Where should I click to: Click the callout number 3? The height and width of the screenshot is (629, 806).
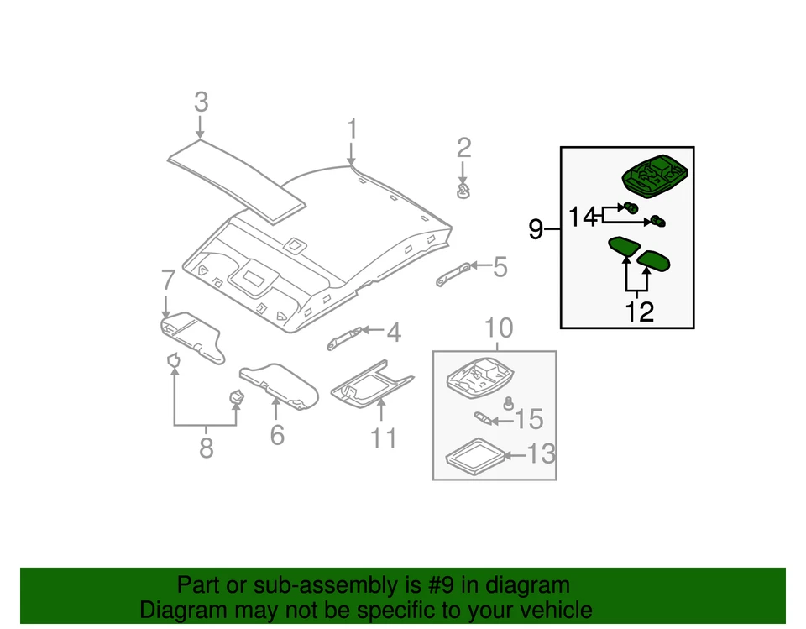click(201, 102)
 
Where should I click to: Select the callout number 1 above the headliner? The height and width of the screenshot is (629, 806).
click(353, 130)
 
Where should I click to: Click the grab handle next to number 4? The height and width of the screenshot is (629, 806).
click(344, 338)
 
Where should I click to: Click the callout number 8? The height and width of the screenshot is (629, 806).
click(206, 448)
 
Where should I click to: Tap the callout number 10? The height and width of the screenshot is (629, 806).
click(498, 328)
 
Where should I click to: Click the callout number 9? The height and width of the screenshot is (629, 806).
click(536, 228)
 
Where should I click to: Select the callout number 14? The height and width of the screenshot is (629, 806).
click(583, 217)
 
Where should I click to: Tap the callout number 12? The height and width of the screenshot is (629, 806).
click(639, 312)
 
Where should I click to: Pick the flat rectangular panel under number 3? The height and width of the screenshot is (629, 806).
click(235, 175)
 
